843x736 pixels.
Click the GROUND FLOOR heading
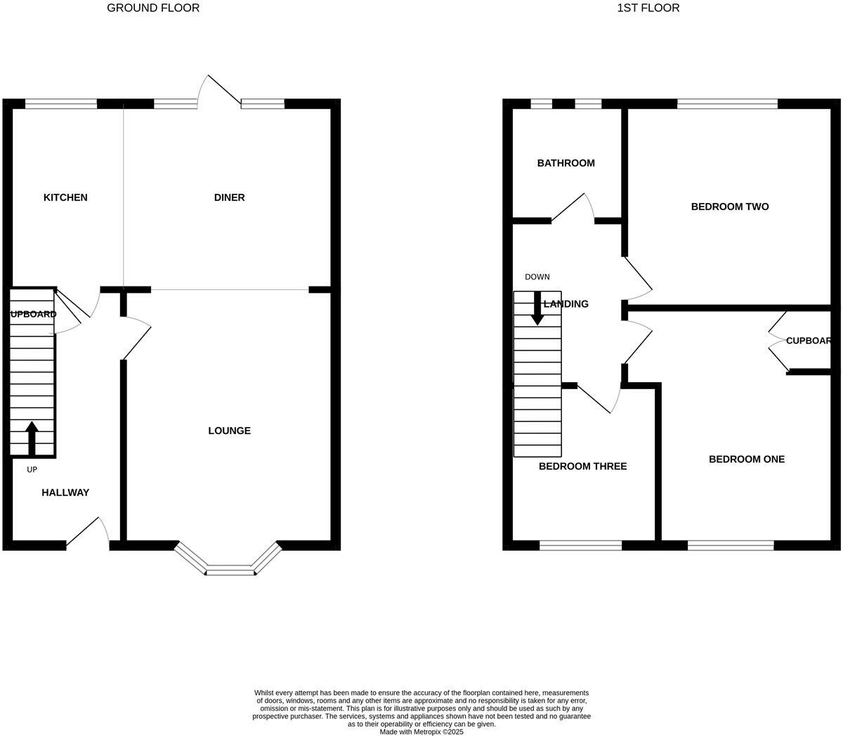pyautogui.click(x=153, y=8)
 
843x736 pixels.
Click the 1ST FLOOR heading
pyautogui.click(x=648, y=8)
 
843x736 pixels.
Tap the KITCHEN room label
pyautogui.click(x=65, y=197)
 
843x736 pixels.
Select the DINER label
pyautogui.click(x=229, y=197)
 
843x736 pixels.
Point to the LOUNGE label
pyautogui.click(x=229, y=431)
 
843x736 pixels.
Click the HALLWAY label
pyautogui.click(x=65, y=492)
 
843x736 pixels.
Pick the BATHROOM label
pyautogui.click(x=566, y=163)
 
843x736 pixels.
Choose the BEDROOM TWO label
pyautogui.click(x=729, y=206)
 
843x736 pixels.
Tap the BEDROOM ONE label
pyautogui.click(x=746, y=459)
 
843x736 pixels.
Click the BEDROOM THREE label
pyautogui.click(x=582, y=466)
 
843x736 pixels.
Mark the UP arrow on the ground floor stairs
pyautogui.click(x=32, y=438)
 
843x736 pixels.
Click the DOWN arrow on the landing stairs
pyautogui.click(x=537, y=308)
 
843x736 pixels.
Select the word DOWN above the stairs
pyautogui.click(x=537, y=277)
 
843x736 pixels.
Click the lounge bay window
pyautogui.click(x=229, y=570)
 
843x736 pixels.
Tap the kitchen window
pyautogui.click(x=61, y=105)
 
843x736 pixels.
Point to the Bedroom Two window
pyautogui.click(x=727, y=105)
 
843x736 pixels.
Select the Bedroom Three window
pyautogui.click(x=580, y=545)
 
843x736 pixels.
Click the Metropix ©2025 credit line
pyautogui.click(x=421, y=732)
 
